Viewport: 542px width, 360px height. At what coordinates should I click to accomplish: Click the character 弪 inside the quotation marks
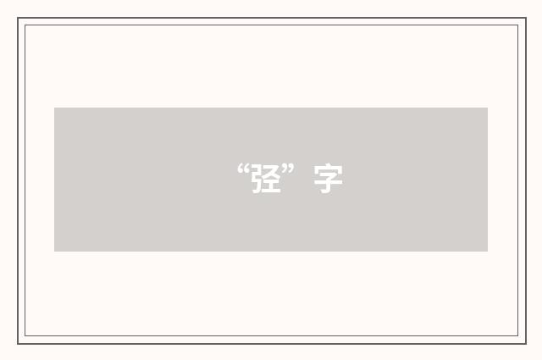point(266,179)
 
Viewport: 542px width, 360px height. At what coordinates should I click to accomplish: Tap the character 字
point(328,179)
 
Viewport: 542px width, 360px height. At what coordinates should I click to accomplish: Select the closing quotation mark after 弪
point(288,169)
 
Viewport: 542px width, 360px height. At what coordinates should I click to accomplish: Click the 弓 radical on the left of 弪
point(257,179)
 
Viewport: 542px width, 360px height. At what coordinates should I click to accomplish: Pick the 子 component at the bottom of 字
point(328,184)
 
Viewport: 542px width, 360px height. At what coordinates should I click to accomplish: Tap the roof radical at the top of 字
point(328,169)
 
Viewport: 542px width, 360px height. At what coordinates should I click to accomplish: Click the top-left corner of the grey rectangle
point(54,108)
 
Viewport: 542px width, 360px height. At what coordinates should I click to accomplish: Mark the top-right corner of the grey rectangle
point(488,108)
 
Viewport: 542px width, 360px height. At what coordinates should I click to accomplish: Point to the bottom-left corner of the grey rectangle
point(54,252)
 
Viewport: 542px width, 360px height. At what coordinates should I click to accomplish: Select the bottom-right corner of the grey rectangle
point(488,252)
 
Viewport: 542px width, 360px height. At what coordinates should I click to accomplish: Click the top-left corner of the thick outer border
point(18,18)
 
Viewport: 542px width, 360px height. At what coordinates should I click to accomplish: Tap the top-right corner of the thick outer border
point(526,18)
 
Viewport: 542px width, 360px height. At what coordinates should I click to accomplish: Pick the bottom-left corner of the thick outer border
point(18,344)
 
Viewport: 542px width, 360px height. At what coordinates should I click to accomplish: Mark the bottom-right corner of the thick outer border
point(526,344)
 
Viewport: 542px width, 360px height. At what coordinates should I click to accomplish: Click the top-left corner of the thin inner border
point(25,25)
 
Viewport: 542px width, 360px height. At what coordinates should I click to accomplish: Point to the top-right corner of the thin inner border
point(518,25)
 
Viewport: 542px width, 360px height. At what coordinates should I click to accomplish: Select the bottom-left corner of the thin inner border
point(25,335)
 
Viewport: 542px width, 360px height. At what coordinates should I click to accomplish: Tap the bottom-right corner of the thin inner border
point(518,335)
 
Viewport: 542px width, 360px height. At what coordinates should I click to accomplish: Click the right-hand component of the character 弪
point(274,179)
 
